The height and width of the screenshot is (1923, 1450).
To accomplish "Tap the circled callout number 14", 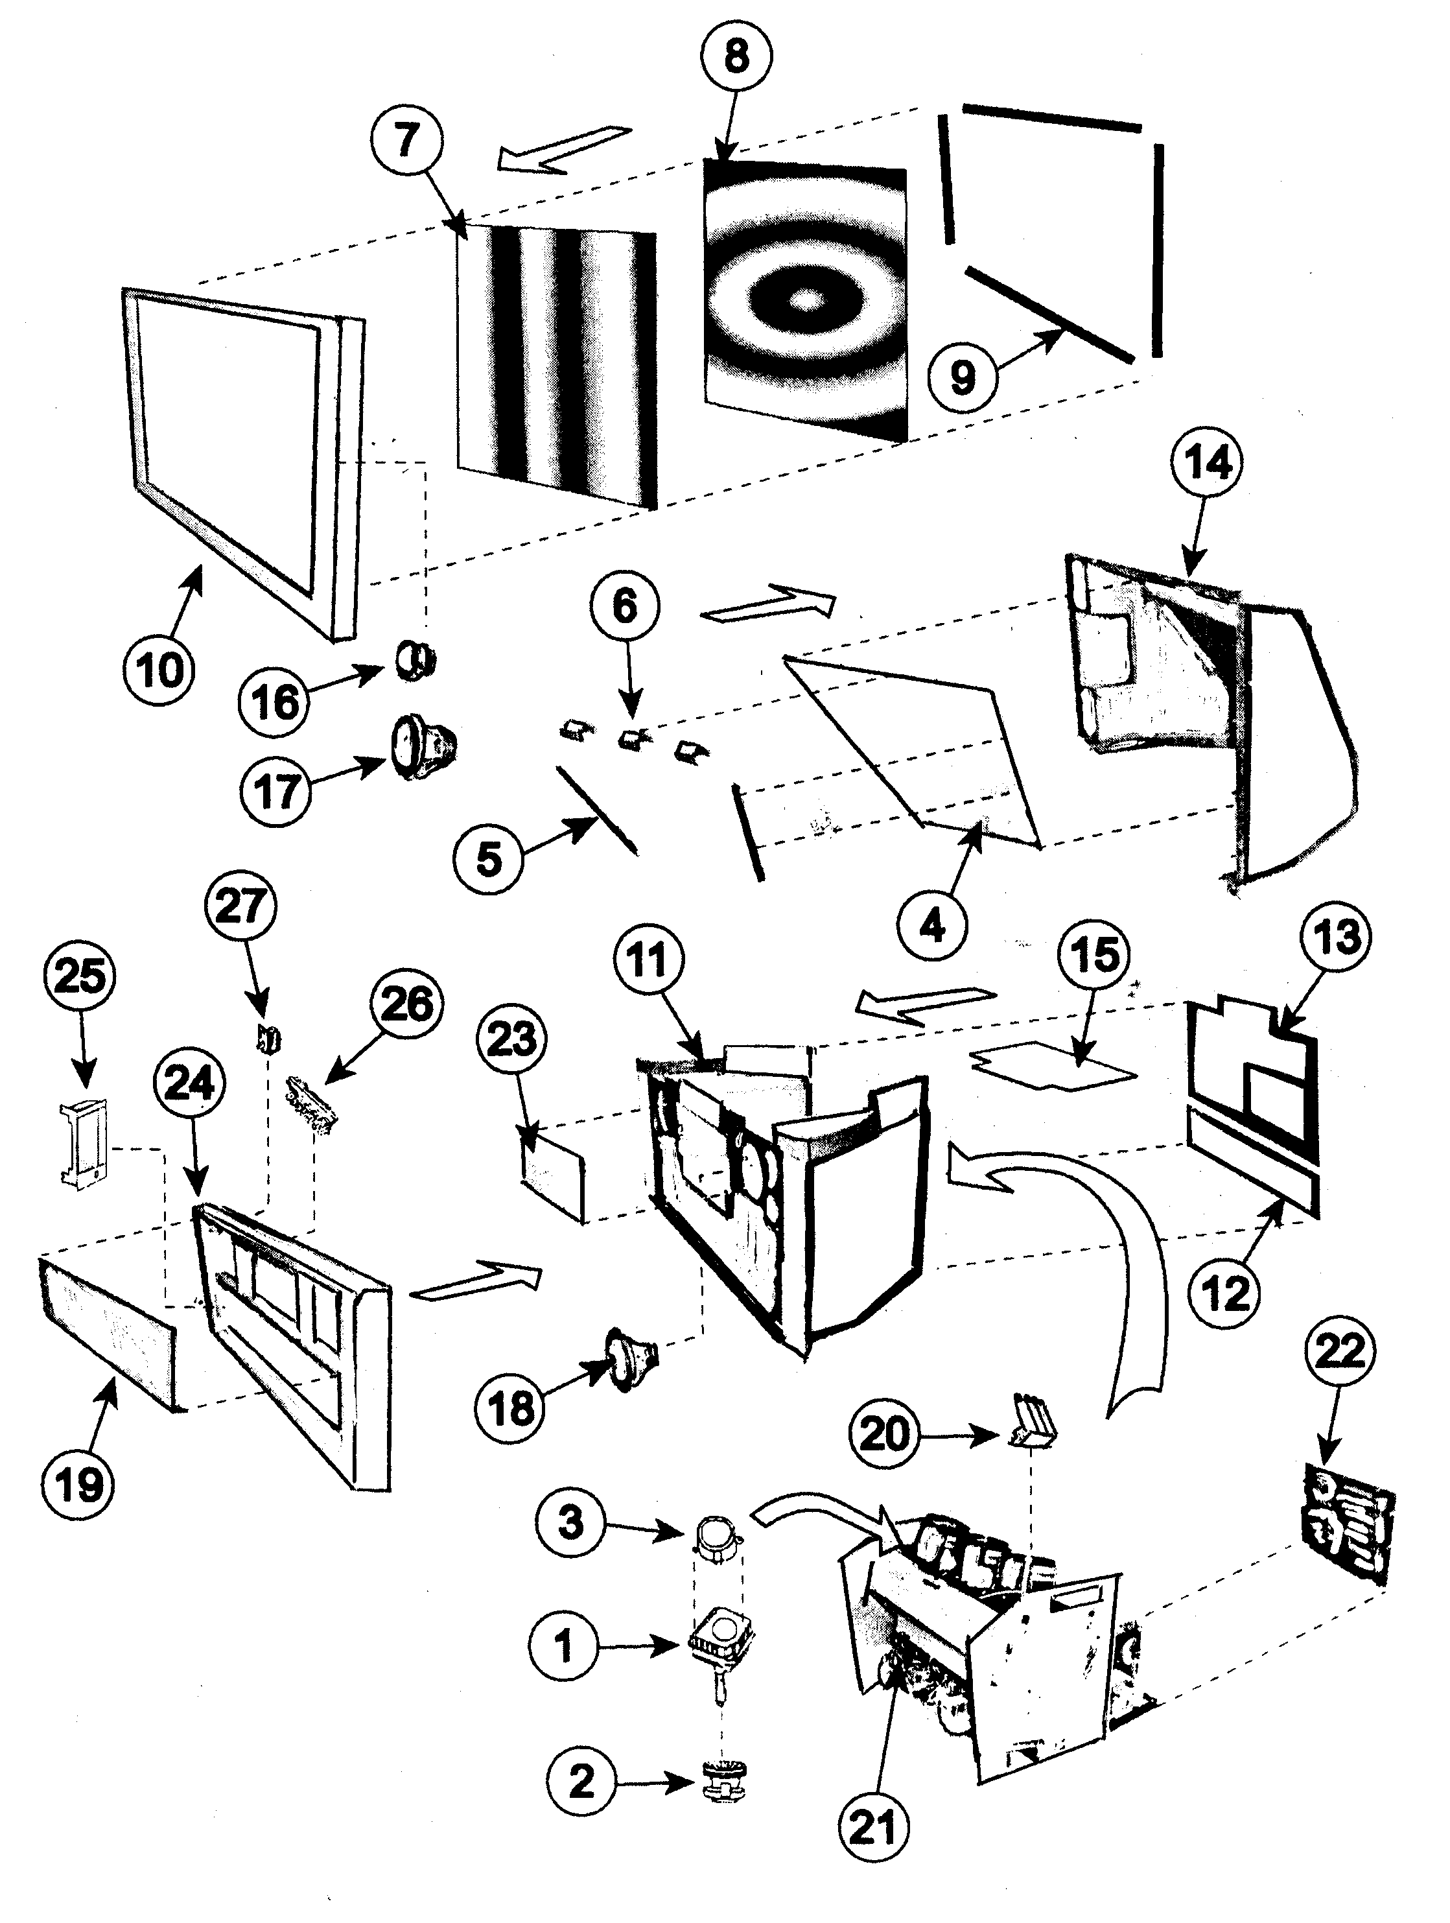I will tap(1210, 464).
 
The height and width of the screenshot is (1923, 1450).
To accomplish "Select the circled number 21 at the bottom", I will tap(872, 1828).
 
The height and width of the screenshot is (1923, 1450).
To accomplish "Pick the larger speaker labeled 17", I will tap(420, 746).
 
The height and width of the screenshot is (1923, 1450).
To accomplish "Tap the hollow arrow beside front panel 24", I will tap(476, 1285).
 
